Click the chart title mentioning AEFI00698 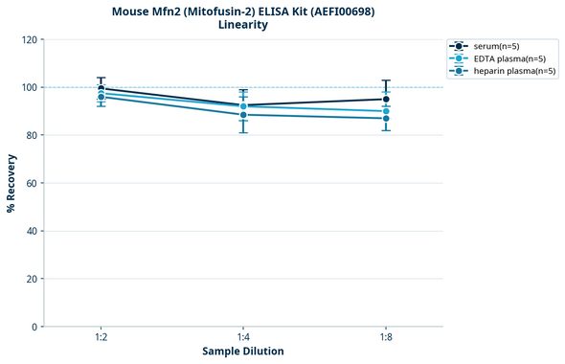(x=243, y=11)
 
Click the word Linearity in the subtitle (x=243, y=25)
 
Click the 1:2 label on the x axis (x=101, y=337)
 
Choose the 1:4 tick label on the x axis (x=243, y=337)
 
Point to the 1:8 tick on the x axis (x=386, y=337)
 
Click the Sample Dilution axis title (x=243, y=352)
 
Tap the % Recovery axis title (x=11, y=182)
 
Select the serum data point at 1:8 (x=386, y=99)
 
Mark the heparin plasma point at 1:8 (x=386, y=118)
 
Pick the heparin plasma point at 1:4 (x=243, y=115)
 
